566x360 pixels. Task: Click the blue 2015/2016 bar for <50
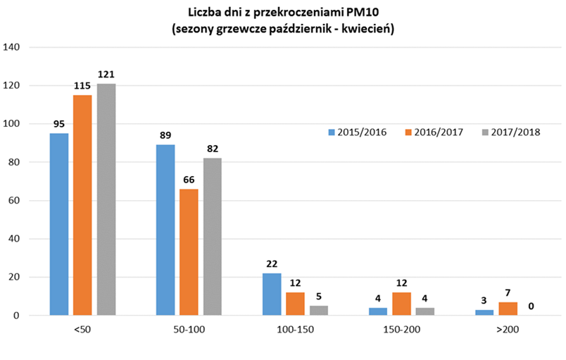59,224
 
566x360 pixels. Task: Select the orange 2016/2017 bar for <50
82,205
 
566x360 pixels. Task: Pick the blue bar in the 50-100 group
165,230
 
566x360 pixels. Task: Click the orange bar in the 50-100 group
189,252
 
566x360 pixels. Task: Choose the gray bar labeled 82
212,237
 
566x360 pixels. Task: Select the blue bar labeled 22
272,294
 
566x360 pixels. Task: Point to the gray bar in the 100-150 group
318,310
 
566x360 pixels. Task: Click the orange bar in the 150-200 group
401,304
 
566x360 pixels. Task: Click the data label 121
106,73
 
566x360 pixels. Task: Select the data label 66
189,179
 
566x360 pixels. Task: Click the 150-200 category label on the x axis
401,330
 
